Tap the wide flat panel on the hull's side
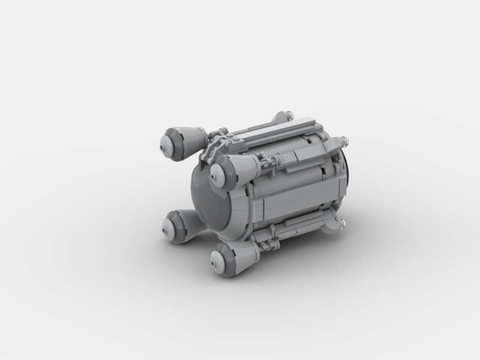294,198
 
